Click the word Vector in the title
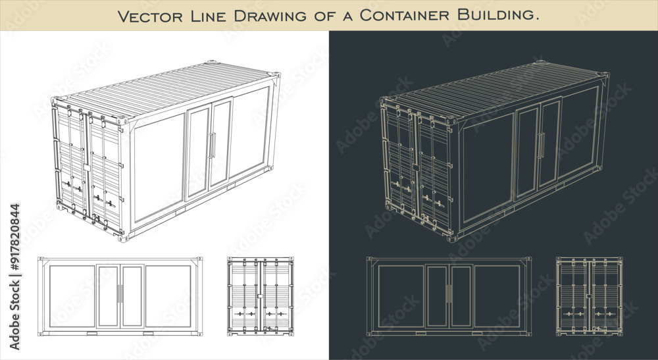[149, 16]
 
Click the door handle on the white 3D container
[213, 145]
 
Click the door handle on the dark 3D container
[541, 145]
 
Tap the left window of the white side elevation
[72, 296]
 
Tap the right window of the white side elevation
[168, 296]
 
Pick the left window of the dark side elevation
[401, 296]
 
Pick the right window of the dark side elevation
[497, 296]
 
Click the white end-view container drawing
[261, 296]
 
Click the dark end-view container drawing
[589, 296]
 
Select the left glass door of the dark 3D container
[526, 153]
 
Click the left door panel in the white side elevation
[108, 296]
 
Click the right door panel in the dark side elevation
[461, 296]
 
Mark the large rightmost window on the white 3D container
[249, 131]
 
